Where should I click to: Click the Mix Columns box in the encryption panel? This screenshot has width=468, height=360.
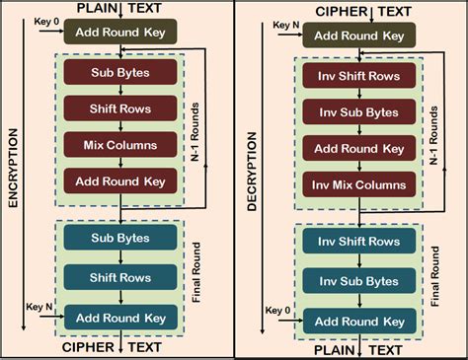118,145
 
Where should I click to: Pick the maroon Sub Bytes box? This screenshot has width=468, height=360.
118,72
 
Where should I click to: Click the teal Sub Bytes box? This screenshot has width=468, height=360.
118,238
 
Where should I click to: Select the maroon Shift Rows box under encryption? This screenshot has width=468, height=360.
118,108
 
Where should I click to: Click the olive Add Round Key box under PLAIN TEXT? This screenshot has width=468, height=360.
118,31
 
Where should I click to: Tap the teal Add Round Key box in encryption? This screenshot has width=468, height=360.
118,319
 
